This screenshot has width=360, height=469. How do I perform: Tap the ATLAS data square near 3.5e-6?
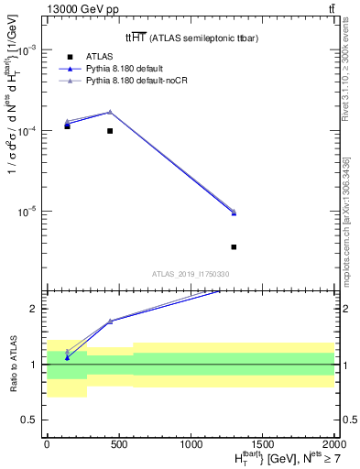click(234, 246)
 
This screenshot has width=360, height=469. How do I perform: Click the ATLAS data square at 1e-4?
click(110, 131)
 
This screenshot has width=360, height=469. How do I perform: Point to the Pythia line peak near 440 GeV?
click(110, 112)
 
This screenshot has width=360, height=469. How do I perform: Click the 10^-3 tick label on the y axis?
click(27, 50)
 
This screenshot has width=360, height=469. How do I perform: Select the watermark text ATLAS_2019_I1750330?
click(191, 274)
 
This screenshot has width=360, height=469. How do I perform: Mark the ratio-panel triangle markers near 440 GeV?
click(110, 321)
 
